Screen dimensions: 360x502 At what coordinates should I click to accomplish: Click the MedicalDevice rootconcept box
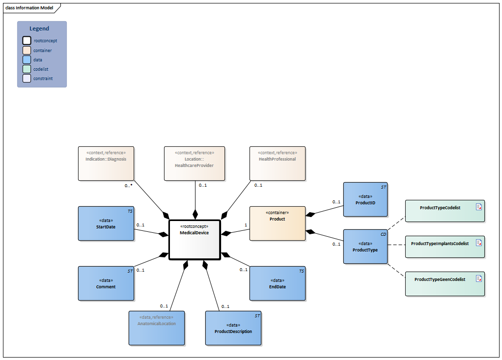point(195,239)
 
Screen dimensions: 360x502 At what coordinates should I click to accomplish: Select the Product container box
point(277,223)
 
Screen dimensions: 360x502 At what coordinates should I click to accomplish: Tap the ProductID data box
point(365,199)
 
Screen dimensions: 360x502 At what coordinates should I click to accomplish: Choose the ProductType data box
point(365,247)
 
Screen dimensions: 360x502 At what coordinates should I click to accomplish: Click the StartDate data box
point(106,223)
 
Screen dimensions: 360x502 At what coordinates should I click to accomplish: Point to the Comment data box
point(106,283)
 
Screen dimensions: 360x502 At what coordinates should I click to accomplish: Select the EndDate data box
point(277,283)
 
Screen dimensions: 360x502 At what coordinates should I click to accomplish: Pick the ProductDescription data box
point(233,328)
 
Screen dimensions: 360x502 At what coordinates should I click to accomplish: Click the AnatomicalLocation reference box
point(157,328)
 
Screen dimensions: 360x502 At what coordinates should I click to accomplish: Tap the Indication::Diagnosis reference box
point(106,163)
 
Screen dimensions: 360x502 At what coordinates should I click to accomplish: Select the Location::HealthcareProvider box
point(195,163)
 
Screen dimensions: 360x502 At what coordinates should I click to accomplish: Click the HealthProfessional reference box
point(277,163)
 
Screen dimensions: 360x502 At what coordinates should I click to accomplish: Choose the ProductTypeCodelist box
point(445,212)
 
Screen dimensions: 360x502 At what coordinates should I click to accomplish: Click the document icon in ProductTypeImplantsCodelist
point(478,243)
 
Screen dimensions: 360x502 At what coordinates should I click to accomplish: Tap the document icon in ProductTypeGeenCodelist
point(478,278)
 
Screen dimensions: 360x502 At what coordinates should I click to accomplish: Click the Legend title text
point(39,29)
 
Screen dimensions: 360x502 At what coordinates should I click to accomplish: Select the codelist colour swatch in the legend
point(27,69)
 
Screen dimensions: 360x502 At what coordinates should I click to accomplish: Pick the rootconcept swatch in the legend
point(27,41)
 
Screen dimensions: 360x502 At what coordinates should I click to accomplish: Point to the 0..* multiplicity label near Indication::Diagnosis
point(128,186)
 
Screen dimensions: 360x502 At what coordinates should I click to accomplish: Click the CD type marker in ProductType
point(383,234)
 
